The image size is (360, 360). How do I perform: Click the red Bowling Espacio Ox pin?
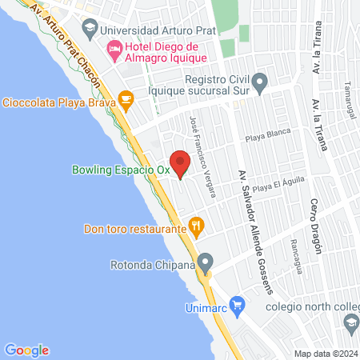(x=181, y=162)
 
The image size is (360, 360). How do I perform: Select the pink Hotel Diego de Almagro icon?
(x=116, y=51)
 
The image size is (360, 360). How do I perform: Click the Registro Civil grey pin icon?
(x=259, y=81)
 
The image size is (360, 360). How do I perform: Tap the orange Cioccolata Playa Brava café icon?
(x=125, y=99)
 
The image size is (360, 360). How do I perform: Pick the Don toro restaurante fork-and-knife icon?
(x=194, y=226)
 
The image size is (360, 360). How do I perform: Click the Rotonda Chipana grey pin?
(x=206, y=262)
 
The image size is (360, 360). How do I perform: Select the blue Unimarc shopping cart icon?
(x=236, y=303)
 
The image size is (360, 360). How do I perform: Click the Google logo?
(x=26, y=350)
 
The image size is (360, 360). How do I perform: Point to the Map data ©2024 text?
(x=324, y=353)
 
